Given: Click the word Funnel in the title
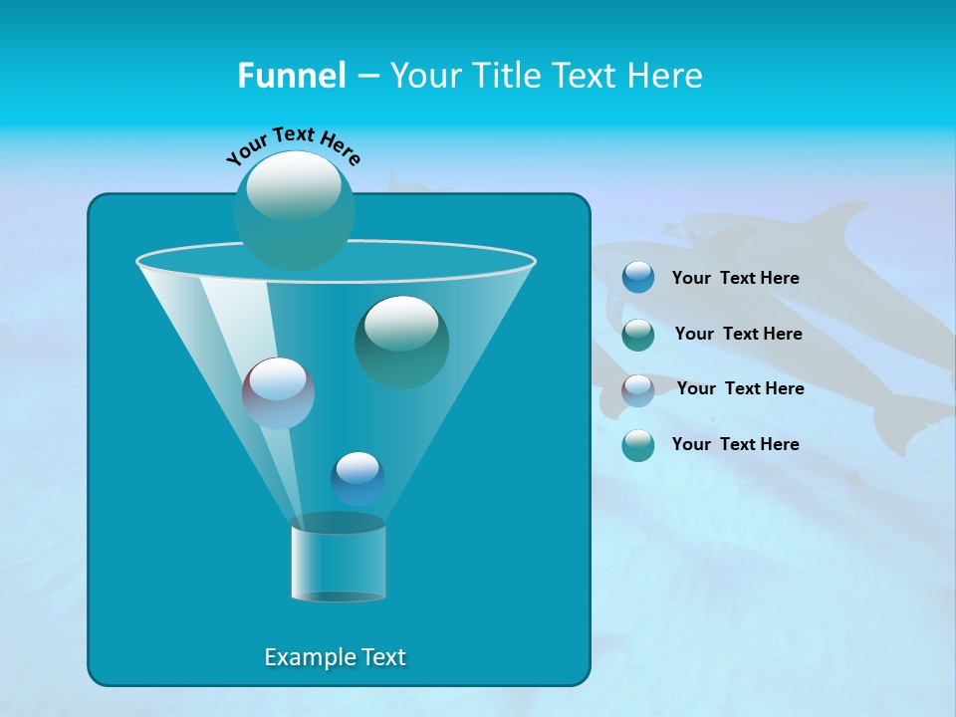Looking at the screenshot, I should point(291,76).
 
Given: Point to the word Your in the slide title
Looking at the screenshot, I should point(424,76).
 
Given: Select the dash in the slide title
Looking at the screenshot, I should point(366,77).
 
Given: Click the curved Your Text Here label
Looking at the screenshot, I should point(293,144).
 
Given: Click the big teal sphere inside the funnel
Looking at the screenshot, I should point(401,342).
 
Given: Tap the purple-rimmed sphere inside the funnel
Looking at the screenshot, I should point(278,393).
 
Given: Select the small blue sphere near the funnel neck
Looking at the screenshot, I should point(358,478).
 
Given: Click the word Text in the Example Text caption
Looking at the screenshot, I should point(382,657).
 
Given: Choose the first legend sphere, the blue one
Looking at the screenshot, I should point(638,277).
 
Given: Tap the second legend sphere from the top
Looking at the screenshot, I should point(638,334).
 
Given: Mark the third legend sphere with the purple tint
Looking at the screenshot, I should point(638,389).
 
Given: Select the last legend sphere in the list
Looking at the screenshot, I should point(638,445).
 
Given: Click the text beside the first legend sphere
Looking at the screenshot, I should point(735,278).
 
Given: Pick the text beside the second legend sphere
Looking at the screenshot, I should point(738,334).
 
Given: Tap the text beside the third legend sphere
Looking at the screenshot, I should point(740,388).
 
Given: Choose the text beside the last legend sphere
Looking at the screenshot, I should point(735,444).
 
